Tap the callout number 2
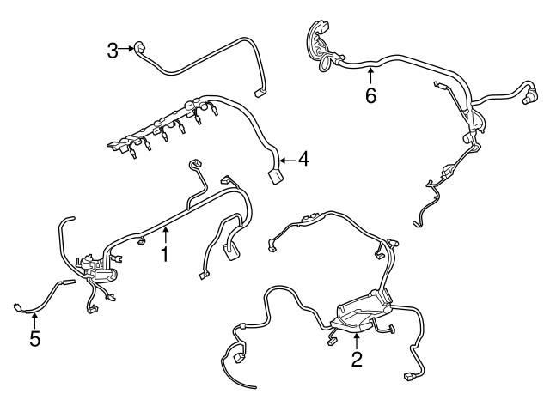[357, 359]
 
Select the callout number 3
[113, 51]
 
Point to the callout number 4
[304, 159]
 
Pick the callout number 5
[34, 339]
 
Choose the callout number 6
[370, 95]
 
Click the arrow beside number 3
[126, 50]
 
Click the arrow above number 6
[370, 76]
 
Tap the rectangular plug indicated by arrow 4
[275, 175]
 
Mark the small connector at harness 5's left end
[19, 305]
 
